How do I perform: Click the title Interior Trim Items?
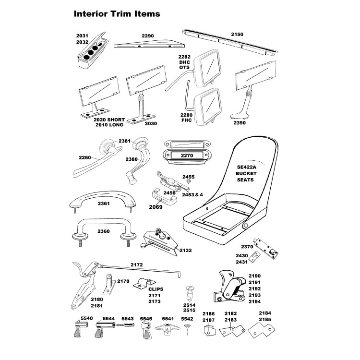click(117, 13)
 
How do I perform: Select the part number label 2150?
click(237, 34)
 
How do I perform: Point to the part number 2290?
click(147, 36)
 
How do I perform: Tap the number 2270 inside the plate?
click(187, 156)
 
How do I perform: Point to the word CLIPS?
click(156, 289)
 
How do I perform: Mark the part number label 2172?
click(137, 264)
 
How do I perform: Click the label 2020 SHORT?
click(109, 119)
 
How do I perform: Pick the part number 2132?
click(186, 250)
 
